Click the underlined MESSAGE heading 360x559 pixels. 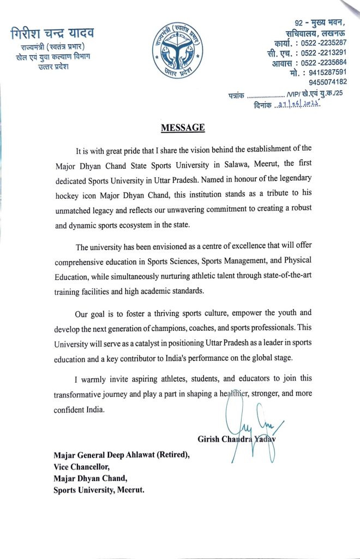183,128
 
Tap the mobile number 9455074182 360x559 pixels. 327,82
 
